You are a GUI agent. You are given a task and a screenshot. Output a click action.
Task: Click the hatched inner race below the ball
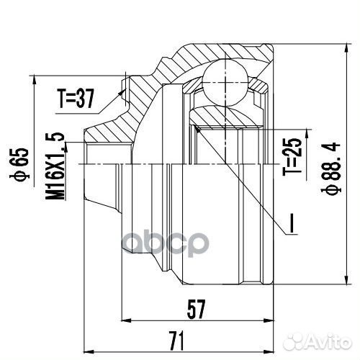click(x=220, y=112)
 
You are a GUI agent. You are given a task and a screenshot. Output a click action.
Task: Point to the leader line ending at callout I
click(x=245, y=180)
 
